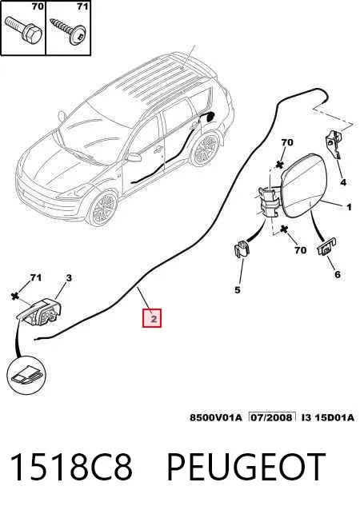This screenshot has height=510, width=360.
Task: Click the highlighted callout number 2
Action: tap(152, 318)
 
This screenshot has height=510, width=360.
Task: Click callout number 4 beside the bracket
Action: tap(343, 182)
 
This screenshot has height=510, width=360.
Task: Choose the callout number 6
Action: tap(338, 274)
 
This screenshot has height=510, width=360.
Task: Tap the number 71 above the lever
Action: tap(35, 277)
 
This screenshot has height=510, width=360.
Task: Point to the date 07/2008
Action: tap(272, 417)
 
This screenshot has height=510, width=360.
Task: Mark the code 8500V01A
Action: tap(216, 417)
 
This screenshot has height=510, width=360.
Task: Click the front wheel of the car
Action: tap(103, 208)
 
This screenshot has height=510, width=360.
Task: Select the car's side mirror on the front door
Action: tap(134, 157)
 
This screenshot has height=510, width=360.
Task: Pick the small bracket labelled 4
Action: tap(333, 142)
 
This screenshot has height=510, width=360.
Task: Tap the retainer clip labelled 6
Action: tap(326, 247)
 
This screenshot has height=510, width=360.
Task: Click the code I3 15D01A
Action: tap(328, 417)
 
